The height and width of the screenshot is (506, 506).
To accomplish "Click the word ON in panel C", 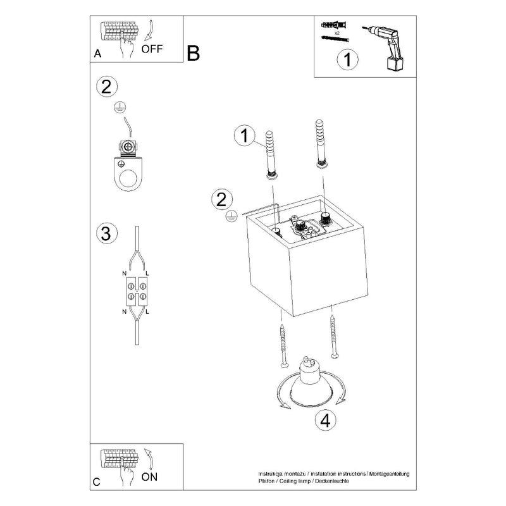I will [x=149, y=477].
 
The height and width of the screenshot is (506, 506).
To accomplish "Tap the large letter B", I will [x=194, y=53].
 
